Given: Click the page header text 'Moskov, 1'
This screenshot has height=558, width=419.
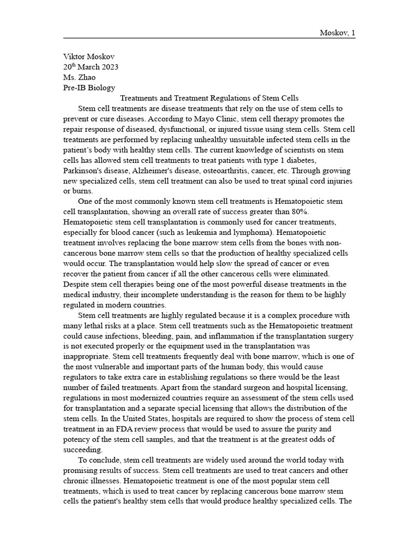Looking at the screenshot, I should pyautogui.click(x=337, y=33).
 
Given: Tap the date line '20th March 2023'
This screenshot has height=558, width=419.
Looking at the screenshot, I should pyautogui.click(x=91, y=67).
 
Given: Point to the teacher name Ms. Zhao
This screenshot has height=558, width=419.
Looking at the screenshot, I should pyautogui.click(x=80, y=77).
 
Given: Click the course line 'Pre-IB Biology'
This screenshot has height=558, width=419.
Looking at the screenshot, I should pyautogui.click(x=89, y=88).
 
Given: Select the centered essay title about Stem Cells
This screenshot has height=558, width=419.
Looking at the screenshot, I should pyautogui.click(x=209, y=98).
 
